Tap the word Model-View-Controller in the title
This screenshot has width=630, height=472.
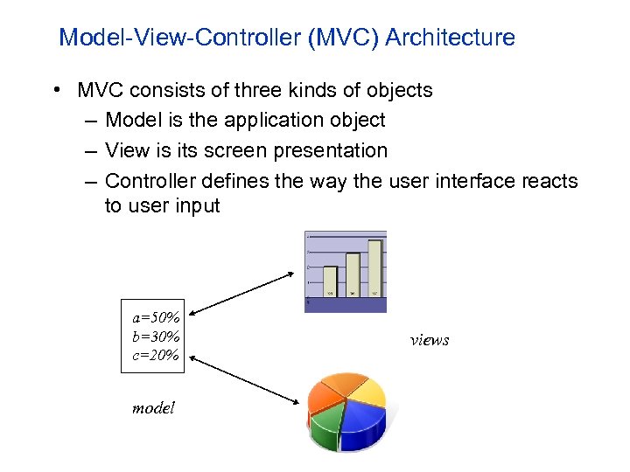pyautogui.click(x=176, y=38)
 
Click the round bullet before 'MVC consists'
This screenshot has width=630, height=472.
pyautogui.click(x=56, y=91)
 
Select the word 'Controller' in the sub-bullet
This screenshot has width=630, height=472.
pyautogui.click(x=150, y=181)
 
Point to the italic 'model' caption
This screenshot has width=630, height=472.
pyautogui.click(x=153, y=407)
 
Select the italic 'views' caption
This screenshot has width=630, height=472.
pyautogui.click(x=430, y=340)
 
